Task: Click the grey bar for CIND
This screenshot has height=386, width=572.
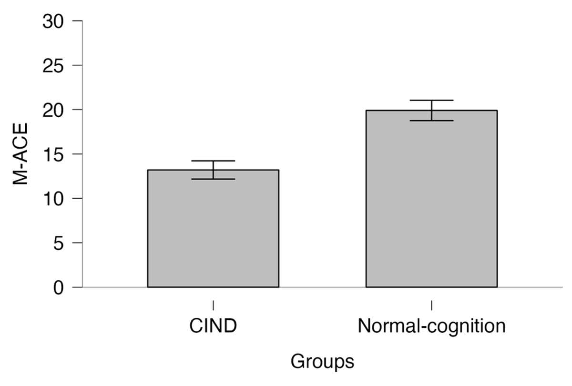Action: (213, 229)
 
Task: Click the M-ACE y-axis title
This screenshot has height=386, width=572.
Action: (20, 154)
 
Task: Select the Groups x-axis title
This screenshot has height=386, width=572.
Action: (322, 361)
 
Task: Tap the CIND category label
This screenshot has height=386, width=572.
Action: (213, 326)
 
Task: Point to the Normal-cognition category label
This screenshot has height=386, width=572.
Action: (431, 326)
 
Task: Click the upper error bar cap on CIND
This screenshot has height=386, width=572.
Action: (213, 161)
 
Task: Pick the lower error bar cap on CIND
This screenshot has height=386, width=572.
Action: (213, 179)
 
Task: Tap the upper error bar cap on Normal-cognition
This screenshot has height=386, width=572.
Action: (431, 101)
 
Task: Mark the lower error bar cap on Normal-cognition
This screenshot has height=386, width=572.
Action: (431, 121)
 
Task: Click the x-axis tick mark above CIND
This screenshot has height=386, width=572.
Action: (213, 305)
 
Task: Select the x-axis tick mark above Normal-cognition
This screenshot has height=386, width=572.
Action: (431, 305)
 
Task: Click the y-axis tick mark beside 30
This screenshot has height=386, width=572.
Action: (78, 21)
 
